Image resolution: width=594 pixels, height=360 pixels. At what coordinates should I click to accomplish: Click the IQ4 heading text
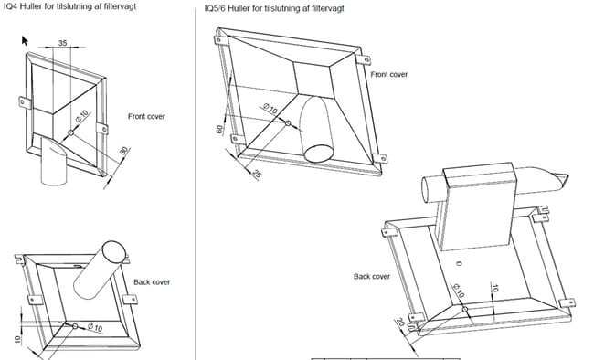(69, 6)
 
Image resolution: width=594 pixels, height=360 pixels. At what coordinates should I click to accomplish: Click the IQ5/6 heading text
(274, 8)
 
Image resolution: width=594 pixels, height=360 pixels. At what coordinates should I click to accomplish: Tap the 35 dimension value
(63, 43)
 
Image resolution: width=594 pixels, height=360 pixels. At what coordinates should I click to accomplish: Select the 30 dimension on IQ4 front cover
(124, 151)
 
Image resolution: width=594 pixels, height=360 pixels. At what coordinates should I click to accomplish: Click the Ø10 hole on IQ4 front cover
(71, 132)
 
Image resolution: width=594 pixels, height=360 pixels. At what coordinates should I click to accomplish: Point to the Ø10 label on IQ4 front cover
(81, 116)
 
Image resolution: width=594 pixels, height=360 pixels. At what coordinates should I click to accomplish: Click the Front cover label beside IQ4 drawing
(146, 116)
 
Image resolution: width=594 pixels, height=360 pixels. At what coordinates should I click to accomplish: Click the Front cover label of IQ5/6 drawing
(389, 74)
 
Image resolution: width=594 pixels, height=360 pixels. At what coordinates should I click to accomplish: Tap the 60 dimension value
(219, 129)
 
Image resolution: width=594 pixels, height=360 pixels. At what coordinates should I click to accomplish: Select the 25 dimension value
(257, 174)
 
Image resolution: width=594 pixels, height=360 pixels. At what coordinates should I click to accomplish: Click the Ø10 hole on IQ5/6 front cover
(288, 123)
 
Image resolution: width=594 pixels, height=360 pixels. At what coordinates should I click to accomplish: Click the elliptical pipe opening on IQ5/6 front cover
(319, 153)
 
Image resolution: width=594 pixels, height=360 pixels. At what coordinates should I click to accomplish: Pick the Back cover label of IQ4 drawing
(152, 282)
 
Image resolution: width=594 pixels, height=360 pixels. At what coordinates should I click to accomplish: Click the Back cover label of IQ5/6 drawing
(372, 276)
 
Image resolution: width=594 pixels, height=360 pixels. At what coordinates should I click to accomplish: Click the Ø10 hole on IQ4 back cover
(75, 326)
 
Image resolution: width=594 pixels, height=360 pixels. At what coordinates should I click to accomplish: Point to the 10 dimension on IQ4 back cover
(17, 339)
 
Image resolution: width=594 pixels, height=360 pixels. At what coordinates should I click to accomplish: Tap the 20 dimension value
(400, 323)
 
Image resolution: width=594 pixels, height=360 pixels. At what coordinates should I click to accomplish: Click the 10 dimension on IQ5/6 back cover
(494, 288)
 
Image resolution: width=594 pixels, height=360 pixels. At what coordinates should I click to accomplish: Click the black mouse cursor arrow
(25, 40)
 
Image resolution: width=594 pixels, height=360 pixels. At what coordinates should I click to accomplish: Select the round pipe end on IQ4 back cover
(114, 252)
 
